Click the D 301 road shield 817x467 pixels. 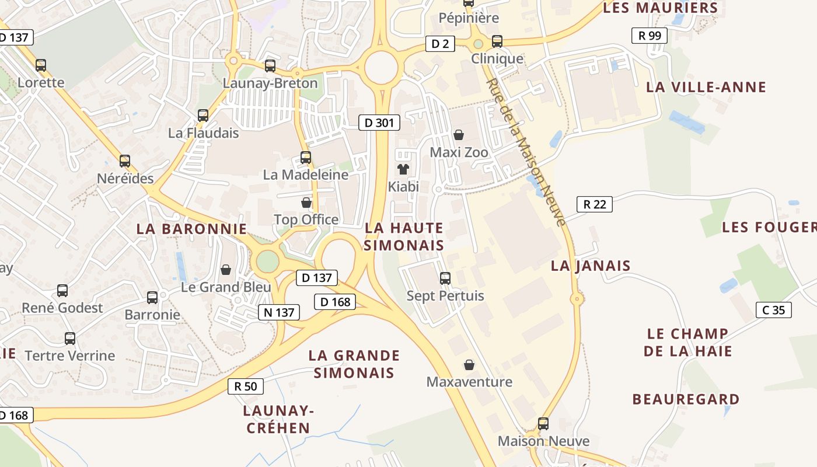coord(379,123)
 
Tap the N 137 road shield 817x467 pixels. coord(279,312)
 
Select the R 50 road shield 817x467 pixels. coord(246,386)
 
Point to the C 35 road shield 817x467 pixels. coord(774,310)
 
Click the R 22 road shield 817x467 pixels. coord(594,204)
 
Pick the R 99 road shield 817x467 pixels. coord(650,36)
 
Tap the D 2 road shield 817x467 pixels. coord(439,44)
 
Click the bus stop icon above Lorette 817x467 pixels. coord(41,65)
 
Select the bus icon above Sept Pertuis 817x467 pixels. coord(445,278)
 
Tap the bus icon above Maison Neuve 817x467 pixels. coord(543,423)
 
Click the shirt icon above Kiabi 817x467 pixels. coord(403,170)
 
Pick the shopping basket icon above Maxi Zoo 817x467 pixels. coord(459,135)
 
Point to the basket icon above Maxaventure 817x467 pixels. coord(469,365)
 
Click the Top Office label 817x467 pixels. coord(306,219)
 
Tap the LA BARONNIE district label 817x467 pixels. coord(191,229)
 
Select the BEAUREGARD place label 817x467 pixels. coord(686,399)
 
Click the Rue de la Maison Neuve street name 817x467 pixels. coord(526,152)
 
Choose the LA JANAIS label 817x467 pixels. coord(591,266)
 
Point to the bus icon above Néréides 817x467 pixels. coord(125,161)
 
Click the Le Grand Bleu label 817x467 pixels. coord(226,287)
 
